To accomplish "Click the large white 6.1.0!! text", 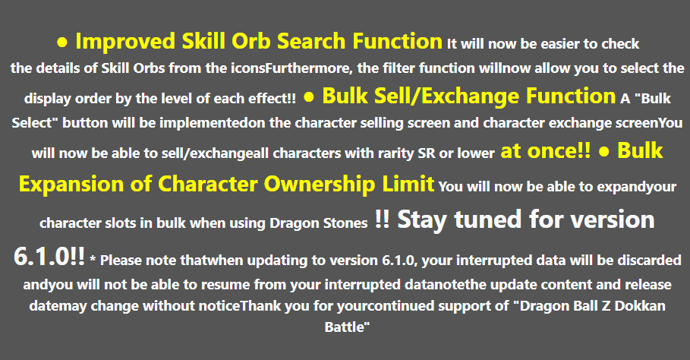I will click(x=49, y=257).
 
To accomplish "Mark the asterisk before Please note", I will click(x=93, y=261).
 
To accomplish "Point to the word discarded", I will click(x=644, y=261).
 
